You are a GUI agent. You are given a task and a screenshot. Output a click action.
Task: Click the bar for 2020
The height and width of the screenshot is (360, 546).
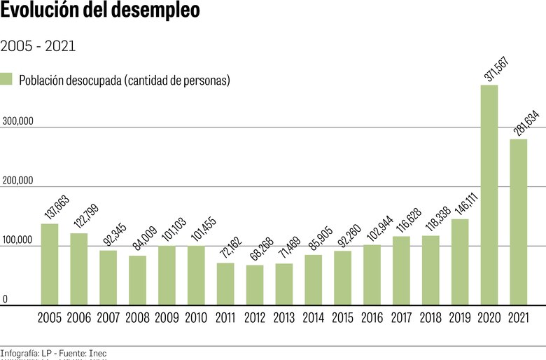point(489,195)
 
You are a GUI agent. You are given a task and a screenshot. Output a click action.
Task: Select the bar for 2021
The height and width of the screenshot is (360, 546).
point(518,221)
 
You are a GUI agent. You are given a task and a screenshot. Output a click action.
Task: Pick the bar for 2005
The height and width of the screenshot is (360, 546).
point(49,264)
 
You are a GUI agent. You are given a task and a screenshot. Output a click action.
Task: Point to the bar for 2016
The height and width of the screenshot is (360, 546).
point(372,275)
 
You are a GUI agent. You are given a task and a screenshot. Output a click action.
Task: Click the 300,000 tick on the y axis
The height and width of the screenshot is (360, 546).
point(18,121)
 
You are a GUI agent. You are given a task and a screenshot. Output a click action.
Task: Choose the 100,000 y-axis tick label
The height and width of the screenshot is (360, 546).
point(18,240)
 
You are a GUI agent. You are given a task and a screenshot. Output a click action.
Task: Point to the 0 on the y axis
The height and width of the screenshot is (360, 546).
point(5,300)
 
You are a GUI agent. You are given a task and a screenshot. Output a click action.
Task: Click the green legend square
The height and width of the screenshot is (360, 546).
point(7,79)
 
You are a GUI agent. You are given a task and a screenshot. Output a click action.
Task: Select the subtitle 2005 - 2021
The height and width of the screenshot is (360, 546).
point(38,46)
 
